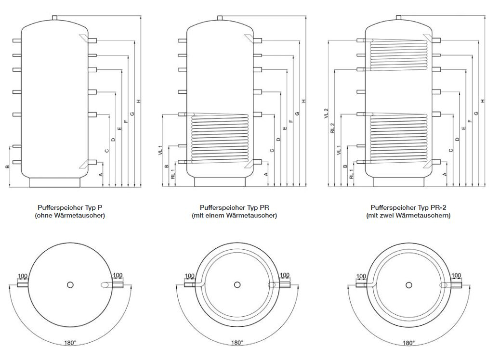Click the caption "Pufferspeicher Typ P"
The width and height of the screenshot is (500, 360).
(70, 208)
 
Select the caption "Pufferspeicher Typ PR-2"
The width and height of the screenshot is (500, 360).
(408, 208)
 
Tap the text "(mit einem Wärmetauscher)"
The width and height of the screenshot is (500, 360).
(234, 216)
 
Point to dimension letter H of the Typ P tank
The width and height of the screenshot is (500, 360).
(138, 101)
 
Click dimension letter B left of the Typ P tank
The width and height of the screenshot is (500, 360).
(7, 167)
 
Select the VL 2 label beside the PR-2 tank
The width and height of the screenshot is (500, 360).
(326, 114)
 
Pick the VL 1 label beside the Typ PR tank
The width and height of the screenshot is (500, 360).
(160, 151)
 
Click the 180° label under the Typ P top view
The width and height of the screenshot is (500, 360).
(70, 343)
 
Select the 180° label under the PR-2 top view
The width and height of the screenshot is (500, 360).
(408, 343)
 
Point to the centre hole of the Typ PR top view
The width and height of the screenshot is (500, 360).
(237, 284)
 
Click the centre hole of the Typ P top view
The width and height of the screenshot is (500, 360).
(70, 284)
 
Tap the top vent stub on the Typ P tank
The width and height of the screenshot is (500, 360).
(54, 18)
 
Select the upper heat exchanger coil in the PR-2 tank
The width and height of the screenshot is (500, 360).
(398, 54)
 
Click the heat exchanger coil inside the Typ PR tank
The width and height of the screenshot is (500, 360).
(220, 139)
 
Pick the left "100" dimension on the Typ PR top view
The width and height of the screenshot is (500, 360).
(190, 276)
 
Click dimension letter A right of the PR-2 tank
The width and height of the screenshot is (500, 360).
(444, 174)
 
